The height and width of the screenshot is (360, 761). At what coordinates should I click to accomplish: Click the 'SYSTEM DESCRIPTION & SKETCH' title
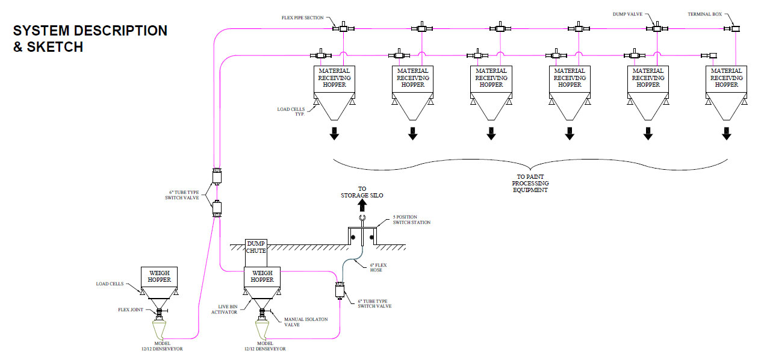[x=90, y=39]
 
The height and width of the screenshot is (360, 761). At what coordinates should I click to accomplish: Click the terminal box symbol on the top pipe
[x=735, y=28]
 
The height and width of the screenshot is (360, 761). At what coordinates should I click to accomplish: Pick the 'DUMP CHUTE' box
[x=256, y=247]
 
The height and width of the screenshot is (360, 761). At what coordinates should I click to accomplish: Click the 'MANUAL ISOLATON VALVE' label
[x=305, y=323]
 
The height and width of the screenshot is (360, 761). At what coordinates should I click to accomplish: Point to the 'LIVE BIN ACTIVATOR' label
[x=227, y=309]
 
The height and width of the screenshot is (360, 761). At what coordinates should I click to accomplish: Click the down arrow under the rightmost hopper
[x=727, y=134]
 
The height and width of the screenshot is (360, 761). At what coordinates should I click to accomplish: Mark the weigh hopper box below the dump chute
[x=262, y=276]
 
